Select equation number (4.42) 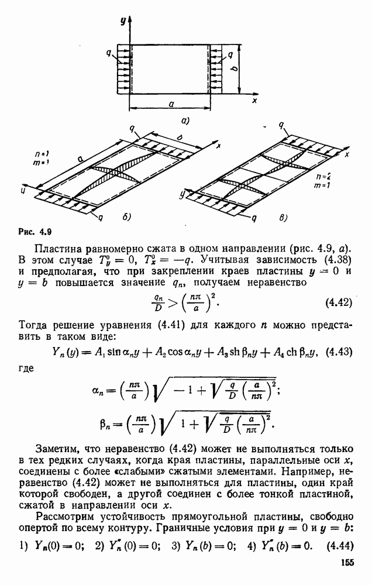(337, 303)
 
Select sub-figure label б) (126, 217)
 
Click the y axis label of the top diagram (123, 21)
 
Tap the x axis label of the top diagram (255, 101)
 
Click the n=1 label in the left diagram (42, 154)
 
